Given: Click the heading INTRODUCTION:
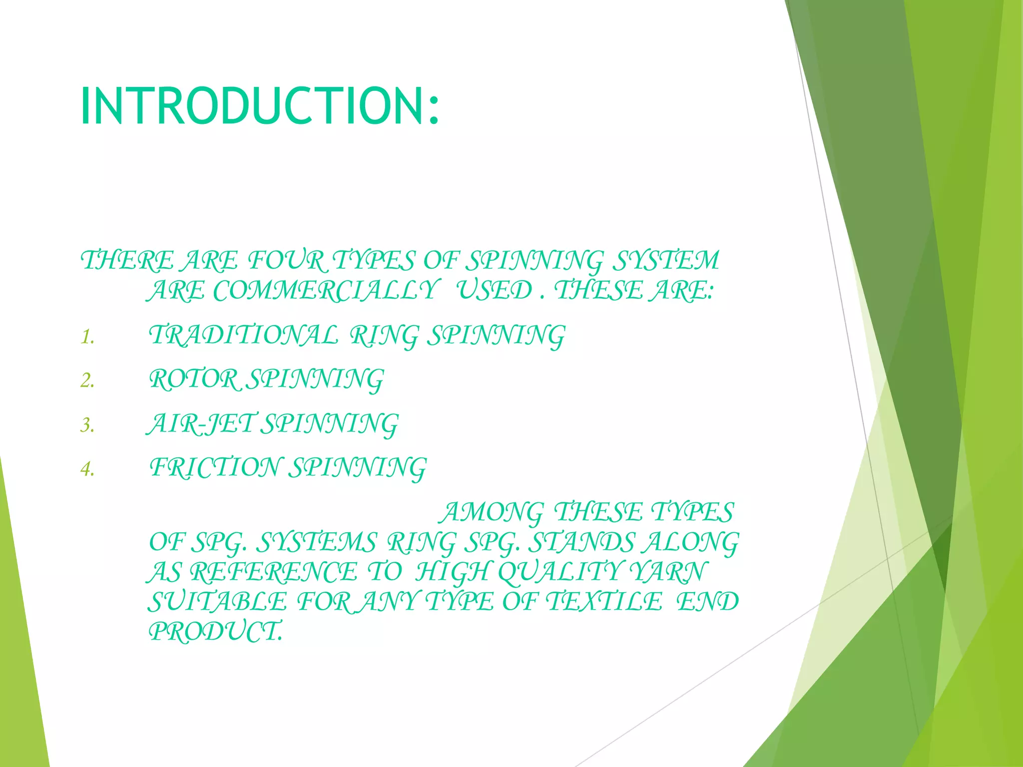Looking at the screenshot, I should point(260,106).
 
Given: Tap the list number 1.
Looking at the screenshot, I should point(87,338).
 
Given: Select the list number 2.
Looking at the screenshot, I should point(87,382).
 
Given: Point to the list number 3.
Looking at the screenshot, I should point(87,425).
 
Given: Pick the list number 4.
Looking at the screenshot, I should point(87,469).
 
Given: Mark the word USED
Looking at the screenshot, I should point(495,291).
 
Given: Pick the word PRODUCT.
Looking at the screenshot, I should point(215,632).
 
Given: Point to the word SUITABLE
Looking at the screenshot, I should point(218,602).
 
